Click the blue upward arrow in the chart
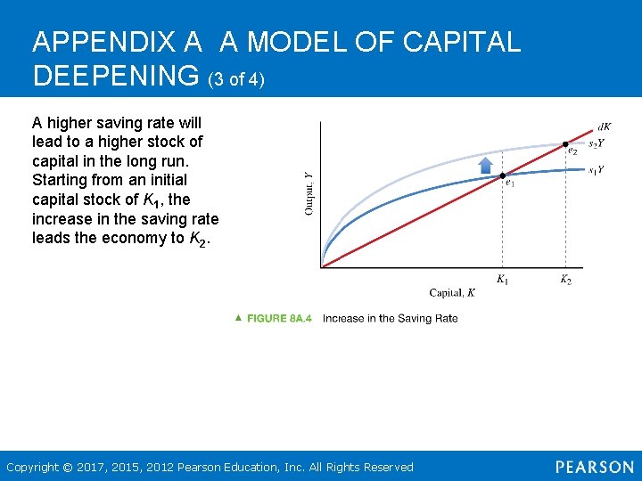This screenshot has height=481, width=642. pyautogui.click(x=486, y=165)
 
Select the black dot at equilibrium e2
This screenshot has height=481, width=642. pyautogui.click(x=564, y=143)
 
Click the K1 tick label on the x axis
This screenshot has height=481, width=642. pyautogui.click(x=503, y=280)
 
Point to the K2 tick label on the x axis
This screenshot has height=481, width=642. pyautogui.click(x=565, y=280)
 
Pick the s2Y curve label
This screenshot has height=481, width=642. pyautogui.click(x=596, y=143)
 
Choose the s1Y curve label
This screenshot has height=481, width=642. pyautogui.click(x=596, y=169)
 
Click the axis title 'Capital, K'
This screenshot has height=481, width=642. pyautogui.click(x=452, y=293)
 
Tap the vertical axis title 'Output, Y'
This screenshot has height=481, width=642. pyautogui.click(x=309, y=193)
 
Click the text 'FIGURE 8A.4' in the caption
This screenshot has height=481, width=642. pyautogui.click(x=279, y=318)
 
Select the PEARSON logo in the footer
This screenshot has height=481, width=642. pyautogui.click(x=595, y=467)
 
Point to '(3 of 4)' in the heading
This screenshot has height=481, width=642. pyautogui.click(x=236, y=79)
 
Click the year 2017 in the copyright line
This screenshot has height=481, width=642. pyautogui.click(x=92, y=467)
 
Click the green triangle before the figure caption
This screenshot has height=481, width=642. pyautogui.click(x=238, y=317)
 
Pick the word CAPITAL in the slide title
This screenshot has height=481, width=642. pyautogui.click(x=462, y=42)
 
